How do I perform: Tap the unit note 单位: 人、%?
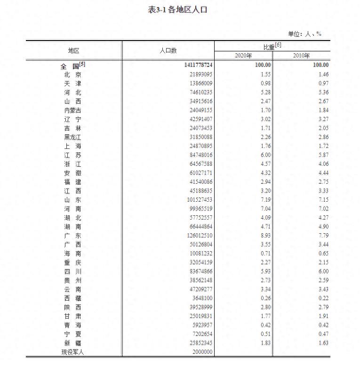point(304,34)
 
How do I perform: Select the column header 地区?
point(73,50)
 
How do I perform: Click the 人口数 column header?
point(168,50)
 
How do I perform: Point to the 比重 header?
point(272,46)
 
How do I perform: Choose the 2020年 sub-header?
point(243,56)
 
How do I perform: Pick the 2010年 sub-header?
point(301,56)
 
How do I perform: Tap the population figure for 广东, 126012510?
point(199,236)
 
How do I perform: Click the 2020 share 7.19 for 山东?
point(265,200)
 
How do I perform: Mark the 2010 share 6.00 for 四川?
point(323,271)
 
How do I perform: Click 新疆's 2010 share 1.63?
point(323,343)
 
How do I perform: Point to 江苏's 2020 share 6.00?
point(265,155)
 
